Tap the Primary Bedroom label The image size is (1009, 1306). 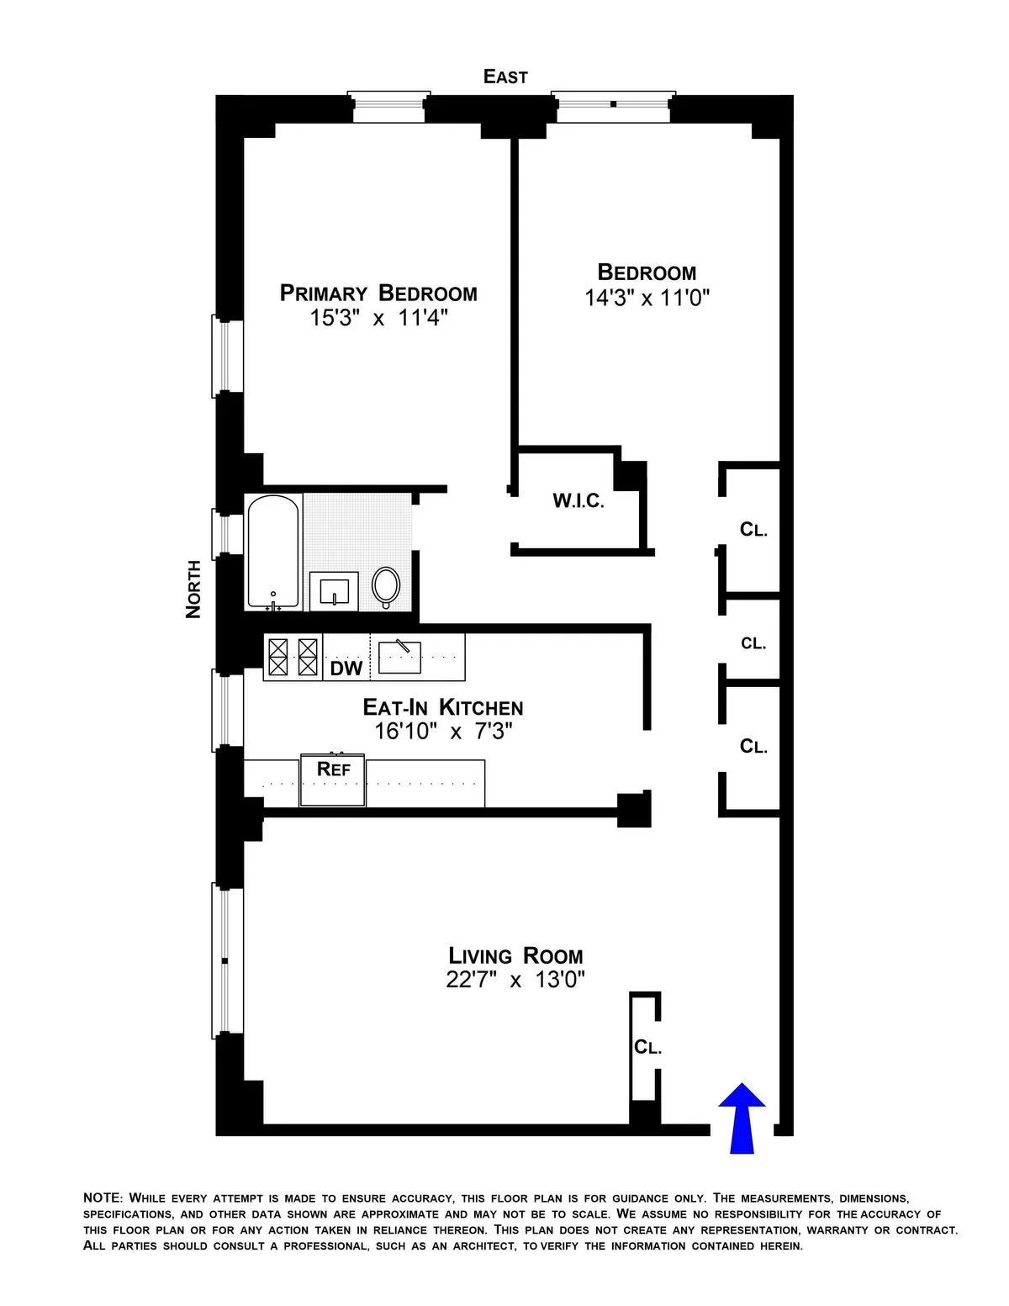[378, 293]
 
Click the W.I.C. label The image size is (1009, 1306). [578, 501]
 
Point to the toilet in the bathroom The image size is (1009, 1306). [386, 585]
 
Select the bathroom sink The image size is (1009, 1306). [334, 590]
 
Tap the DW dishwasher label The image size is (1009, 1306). [346, 669]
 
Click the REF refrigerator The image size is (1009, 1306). [333, 781]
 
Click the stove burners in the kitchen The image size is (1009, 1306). [293, 657]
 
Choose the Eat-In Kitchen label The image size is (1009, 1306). [443, 707]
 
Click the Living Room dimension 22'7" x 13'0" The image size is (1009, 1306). [515, 980]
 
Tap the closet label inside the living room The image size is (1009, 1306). [647, 1047]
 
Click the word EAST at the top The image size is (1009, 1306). [505, 77]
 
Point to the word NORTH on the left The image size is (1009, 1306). [193, 589]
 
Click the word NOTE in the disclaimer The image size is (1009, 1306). [103, 1198]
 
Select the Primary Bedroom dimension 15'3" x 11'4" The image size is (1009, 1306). [378, 319]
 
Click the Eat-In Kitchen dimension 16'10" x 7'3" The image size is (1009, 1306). [443, 732]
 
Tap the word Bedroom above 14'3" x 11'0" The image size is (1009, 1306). [647, 272]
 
